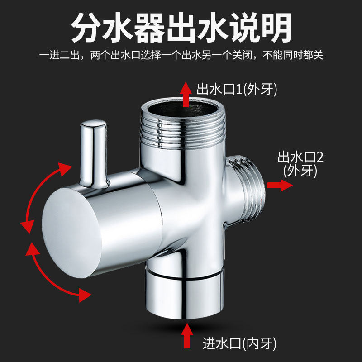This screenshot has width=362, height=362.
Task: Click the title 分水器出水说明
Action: (181, 28)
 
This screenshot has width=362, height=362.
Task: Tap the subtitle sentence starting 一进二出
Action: (181, 56)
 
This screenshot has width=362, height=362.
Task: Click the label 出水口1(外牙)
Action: (237, 89)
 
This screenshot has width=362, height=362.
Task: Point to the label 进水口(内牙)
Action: (239, 344)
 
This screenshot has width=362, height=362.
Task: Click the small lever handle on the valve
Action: (93, 152)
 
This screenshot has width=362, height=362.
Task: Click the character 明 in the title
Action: (273, 28)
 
